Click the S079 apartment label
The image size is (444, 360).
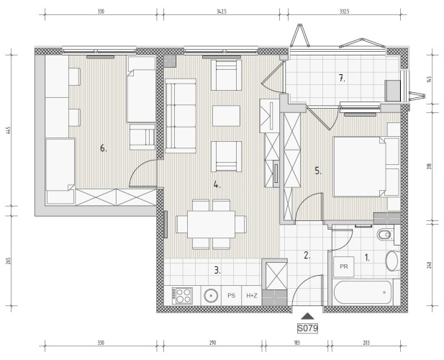[x=307, y=328]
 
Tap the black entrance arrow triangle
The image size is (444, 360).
[x=307, y=316]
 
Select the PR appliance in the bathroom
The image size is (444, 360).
[x=344, y=266]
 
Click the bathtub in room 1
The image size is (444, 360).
[x=363, y=292]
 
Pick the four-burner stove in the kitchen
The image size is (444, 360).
[x=182, y=295]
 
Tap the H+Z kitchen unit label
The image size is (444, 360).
[x=252, y=296]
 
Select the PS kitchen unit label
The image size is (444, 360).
[x=231, y=296]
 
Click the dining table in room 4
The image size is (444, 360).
[x=211, y=225]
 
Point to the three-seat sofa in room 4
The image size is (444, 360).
[x=181, y=116]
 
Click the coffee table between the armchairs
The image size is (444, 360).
[x=226, y=116]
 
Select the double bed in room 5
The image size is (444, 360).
[x=360, y=166]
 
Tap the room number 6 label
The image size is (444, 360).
[x=104, y=148]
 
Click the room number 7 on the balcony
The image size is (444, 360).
[x=342, y=78]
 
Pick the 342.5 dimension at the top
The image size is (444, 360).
[x=222, y=12]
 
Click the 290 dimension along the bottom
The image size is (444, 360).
[x=213, y=343]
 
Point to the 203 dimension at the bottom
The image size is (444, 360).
[x=366, y=343]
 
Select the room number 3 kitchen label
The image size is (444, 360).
[x=217, y=271]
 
